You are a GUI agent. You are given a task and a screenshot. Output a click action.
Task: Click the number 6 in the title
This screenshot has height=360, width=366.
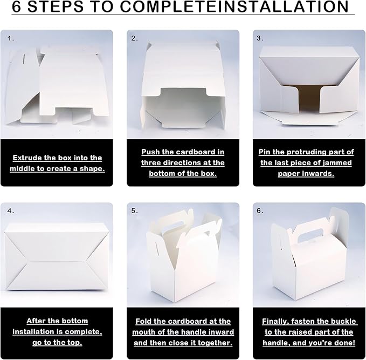tap(16, 6)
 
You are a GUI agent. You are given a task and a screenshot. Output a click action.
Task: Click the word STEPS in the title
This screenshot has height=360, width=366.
tap(56, 6)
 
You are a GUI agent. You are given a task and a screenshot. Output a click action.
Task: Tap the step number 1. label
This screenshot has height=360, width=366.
tap(11, 38)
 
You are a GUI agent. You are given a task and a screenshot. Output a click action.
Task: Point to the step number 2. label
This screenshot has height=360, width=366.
tap(134, 38)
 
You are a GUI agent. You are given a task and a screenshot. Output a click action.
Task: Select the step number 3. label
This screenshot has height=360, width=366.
tap(260, 38)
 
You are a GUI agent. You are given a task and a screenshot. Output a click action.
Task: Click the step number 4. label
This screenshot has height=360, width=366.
tap(11, 211)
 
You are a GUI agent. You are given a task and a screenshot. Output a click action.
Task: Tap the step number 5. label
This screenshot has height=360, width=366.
tap(134, 211)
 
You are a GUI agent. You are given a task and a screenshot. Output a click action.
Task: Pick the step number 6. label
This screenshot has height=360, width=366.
tap(260, 211)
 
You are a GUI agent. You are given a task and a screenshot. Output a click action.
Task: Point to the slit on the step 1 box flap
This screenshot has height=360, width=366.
tap(24, 59)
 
